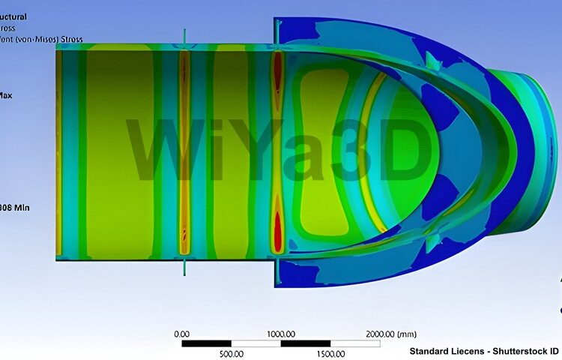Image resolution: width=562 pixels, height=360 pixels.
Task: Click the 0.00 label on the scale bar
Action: tap(181, 334)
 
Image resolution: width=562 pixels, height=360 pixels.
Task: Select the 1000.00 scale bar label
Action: tap(280, 334)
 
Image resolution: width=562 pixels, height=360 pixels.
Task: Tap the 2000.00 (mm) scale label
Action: tap(390, 334)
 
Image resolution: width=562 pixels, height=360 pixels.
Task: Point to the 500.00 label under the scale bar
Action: tap(231, 353)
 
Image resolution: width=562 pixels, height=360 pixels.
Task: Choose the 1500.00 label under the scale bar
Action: tap(330, 353)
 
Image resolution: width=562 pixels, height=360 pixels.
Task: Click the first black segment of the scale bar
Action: tap(206, 343)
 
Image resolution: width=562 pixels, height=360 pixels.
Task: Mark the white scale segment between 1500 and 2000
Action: tap(354, 343)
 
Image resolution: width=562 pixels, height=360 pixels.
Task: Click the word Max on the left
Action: tap(5, 95)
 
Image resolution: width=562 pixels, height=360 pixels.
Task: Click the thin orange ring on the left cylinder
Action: tap(184, 150)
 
